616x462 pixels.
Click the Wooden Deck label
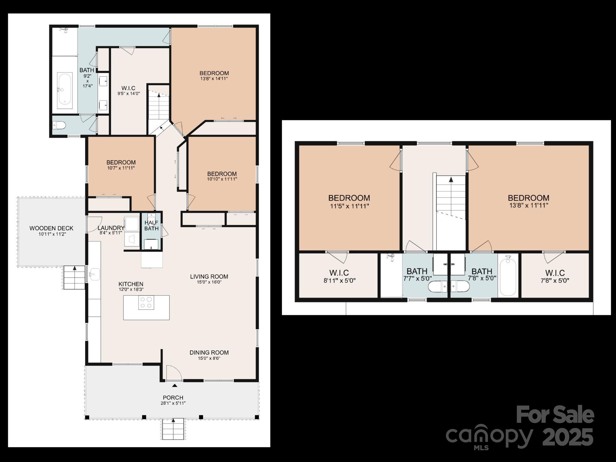coord(51,228)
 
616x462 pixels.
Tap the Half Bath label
coord(151,225)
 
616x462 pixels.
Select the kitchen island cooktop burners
coord(146,302)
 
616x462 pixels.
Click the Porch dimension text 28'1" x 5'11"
coord(173,403)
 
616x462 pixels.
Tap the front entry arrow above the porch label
coord(175,385)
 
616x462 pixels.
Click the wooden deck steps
coord(74,277)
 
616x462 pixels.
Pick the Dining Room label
coord(209,353)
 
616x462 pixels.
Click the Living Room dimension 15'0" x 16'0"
coord(209,282)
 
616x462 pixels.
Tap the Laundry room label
coord(111,228)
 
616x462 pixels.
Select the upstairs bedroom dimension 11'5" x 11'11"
coord(349,206)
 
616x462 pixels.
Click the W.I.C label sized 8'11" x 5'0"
coord(339,273)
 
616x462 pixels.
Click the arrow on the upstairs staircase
coord(451,180)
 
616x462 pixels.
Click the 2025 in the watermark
coord(568,437)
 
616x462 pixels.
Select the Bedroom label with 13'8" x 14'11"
coord(214,73)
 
